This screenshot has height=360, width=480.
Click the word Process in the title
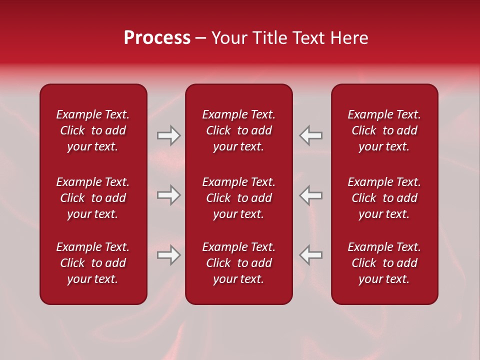[x=157, y=38]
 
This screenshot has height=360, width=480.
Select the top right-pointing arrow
[x=169, y=135]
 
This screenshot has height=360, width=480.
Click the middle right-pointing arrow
[x=169, y=195]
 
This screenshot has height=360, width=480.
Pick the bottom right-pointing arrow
[x=169, y=255]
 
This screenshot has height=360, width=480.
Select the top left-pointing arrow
[x=311, y=135]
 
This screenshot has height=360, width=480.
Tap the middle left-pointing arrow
[x=311, y=195]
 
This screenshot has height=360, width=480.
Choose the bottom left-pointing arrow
[x=311, y=255]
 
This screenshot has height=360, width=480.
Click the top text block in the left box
[x=93, y=130]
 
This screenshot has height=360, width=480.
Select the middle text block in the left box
[x=93, y=198]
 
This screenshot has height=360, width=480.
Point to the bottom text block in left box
[x=93, y=263]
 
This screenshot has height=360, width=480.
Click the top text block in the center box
[x=239, y=130]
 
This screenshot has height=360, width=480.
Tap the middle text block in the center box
[x=239, y=198]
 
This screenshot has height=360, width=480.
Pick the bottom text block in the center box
[x=239, y=263]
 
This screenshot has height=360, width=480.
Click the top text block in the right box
[x=384, y=130]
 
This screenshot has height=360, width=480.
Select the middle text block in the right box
[x=384, y=198]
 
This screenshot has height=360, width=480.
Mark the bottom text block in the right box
[x=384, y=263]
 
